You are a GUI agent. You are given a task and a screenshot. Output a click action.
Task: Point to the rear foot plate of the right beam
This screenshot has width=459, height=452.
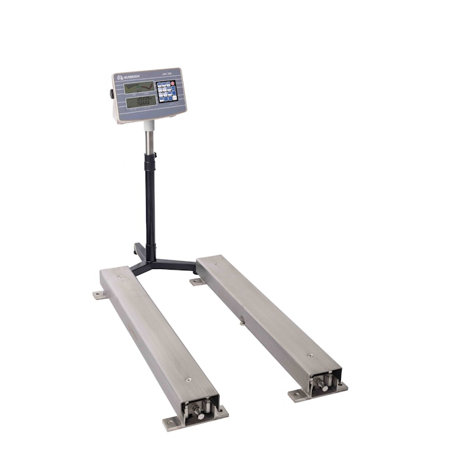point(196,282)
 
